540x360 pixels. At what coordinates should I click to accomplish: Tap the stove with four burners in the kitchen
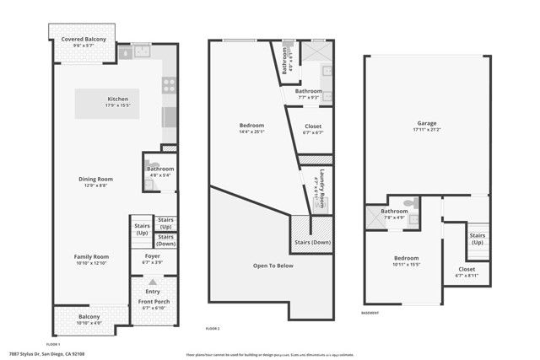[169, 84]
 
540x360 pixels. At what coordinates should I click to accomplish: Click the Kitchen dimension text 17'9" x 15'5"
[117, 105]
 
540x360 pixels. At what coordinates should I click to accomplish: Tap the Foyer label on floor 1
[152, 255]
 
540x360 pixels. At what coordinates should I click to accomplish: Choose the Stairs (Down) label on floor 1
[165, 239]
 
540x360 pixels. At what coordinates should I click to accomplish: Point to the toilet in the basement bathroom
[410, 203]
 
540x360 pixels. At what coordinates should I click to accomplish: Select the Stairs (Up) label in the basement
[477, 239]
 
